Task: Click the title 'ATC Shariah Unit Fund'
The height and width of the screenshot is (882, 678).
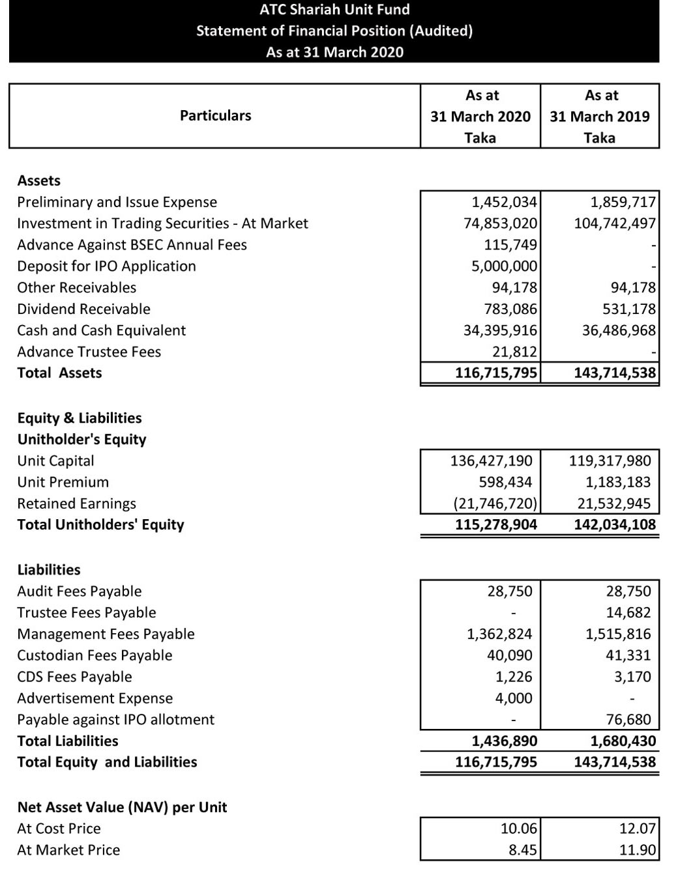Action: [334, 10]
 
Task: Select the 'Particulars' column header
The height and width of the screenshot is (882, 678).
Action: [215, 116]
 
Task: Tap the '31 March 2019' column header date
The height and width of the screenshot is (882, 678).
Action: [599, 117]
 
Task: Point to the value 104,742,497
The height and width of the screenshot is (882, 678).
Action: [614, 223]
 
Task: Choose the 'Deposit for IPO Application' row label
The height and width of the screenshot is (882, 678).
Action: [106, 266]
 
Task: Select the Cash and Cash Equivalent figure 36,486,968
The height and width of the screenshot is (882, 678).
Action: [619, 330]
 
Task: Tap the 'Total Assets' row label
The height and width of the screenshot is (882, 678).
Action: [59, 373]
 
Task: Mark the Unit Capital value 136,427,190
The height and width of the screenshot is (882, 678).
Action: [491, 461]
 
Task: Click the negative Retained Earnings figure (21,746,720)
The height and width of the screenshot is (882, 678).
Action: [495, 504]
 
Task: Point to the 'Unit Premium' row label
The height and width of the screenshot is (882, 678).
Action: [63, 483]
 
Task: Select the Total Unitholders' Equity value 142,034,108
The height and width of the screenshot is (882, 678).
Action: [614, 525]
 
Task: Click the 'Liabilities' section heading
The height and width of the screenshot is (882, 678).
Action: [49, 570]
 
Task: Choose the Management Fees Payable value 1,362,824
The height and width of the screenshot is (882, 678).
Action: [499, 634]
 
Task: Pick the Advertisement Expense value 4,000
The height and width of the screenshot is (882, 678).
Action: [514, 698]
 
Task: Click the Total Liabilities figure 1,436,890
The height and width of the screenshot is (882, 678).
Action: [504, 741]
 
